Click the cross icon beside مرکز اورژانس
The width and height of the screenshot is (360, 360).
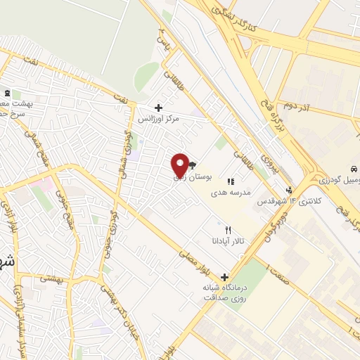click(158, 108)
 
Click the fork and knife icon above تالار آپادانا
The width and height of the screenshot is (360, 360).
click(228, 230)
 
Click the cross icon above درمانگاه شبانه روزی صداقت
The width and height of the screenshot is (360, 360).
click(224, 276)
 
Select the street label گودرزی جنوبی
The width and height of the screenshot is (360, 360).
click(106, 233)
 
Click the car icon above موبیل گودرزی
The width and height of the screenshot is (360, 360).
click(353, 169)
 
